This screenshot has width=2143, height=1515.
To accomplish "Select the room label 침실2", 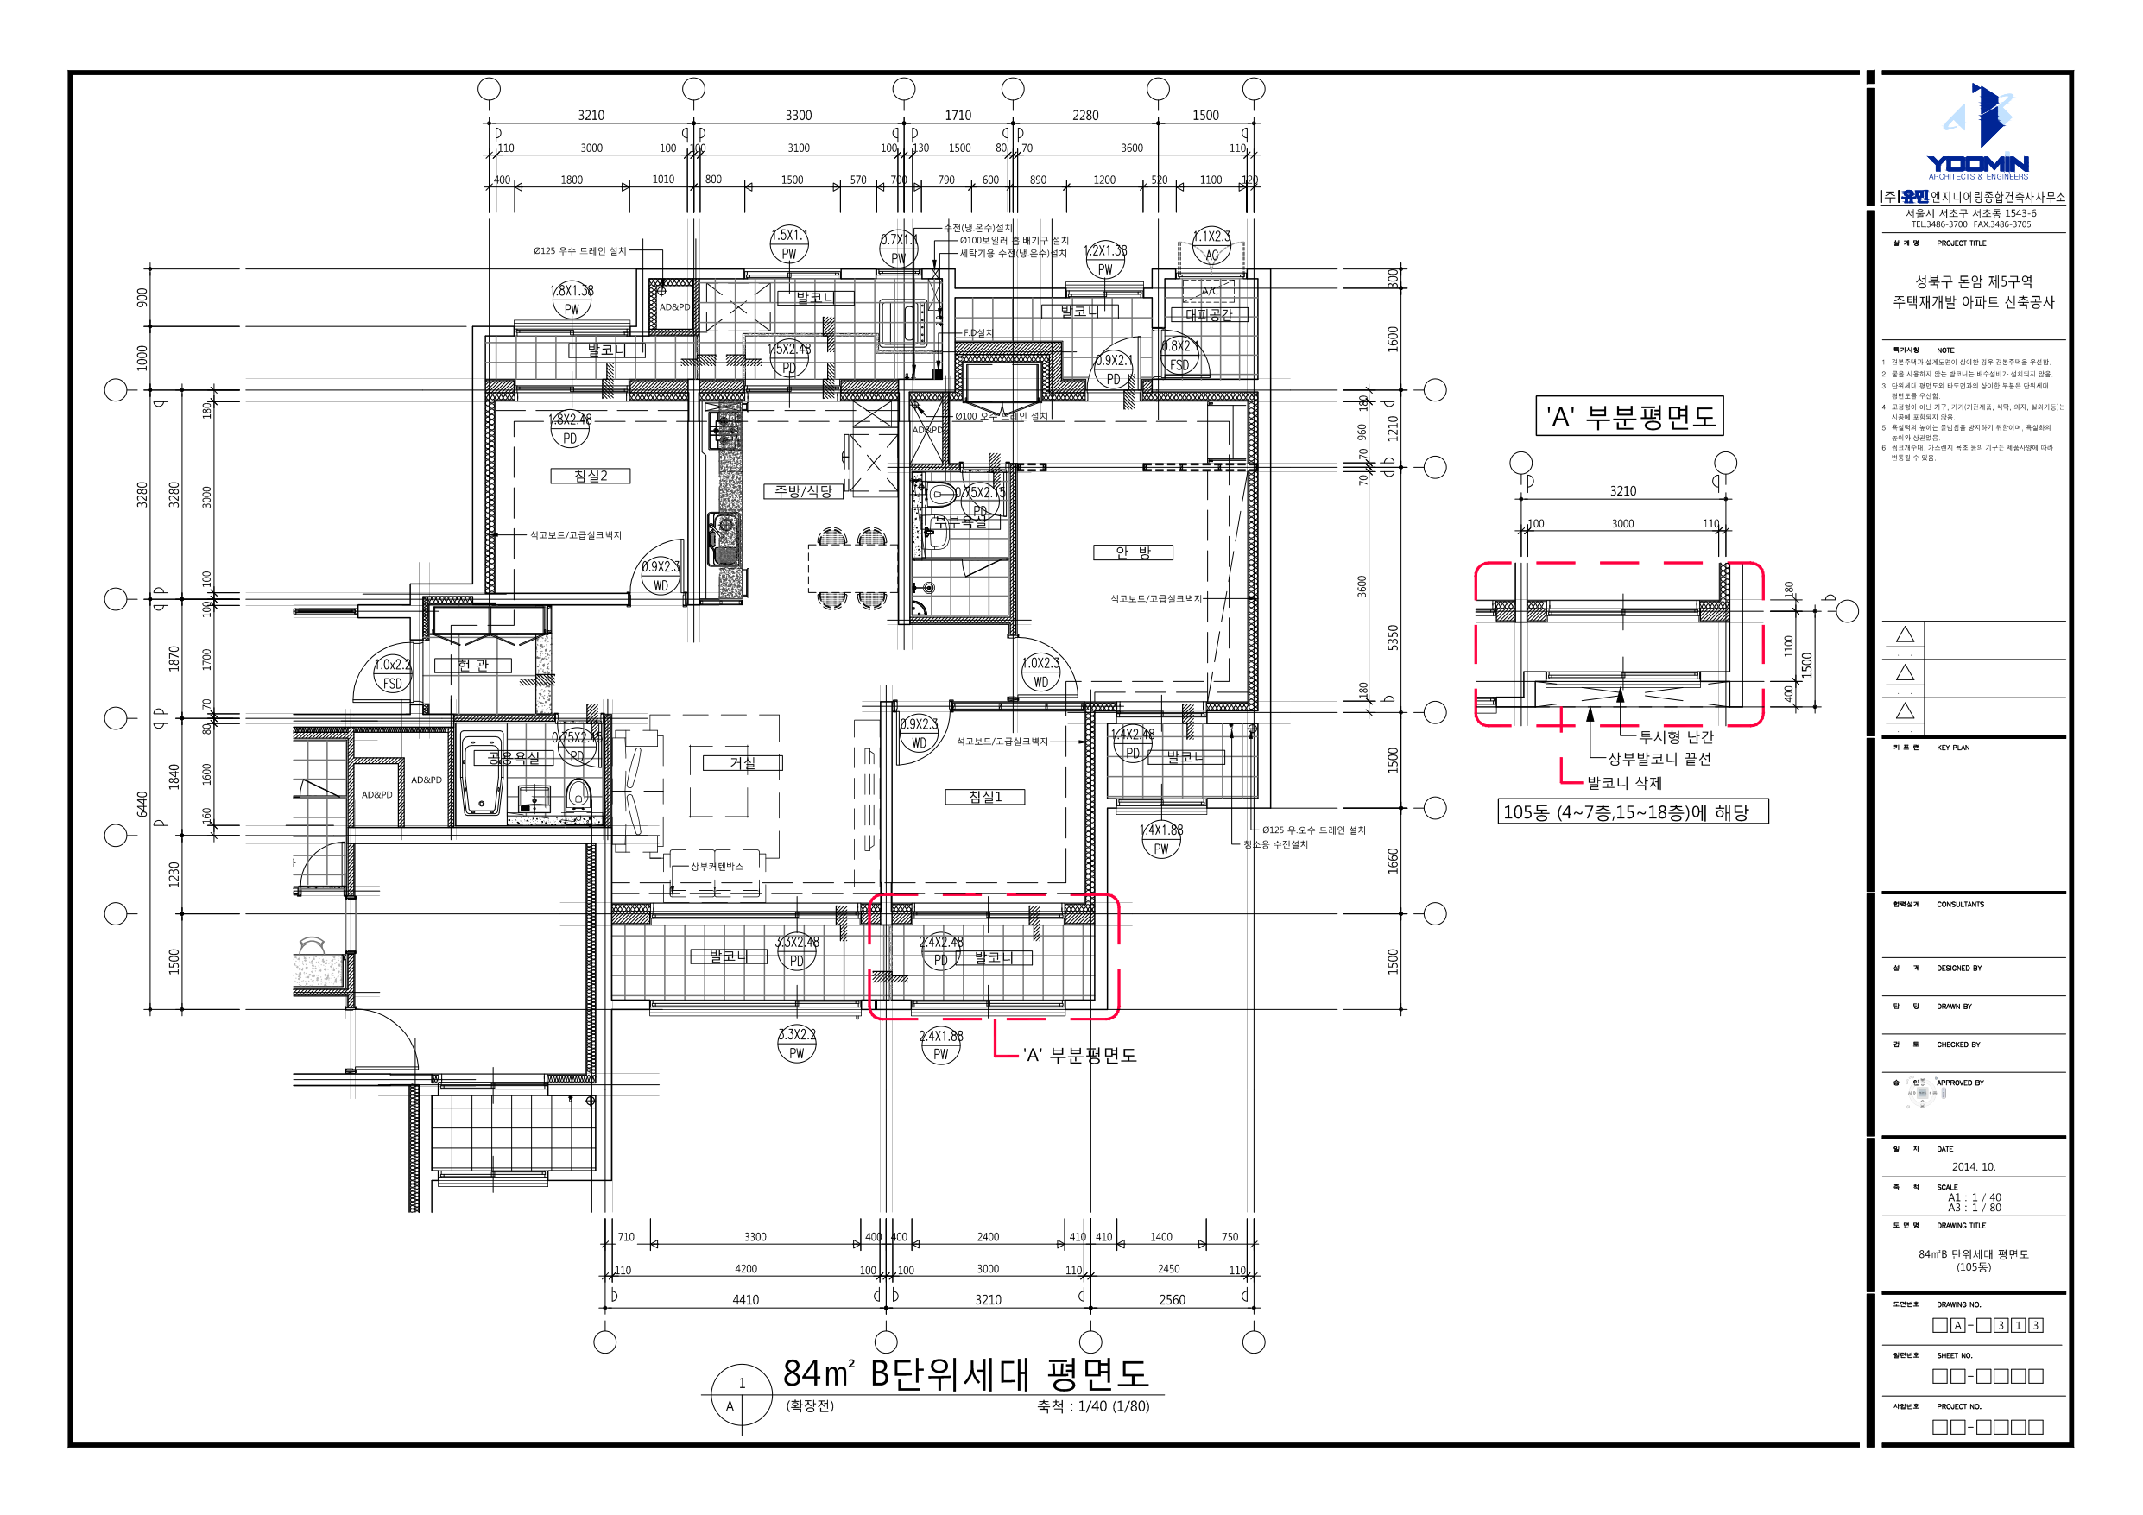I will point(590,476).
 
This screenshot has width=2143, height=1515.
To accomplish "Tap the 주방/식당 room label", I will point(803,491).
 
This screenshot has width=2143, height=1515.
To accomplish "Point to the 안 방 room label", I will point(1132,552).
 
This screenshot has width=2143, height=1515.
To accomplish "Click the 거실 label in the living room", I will point(742,764).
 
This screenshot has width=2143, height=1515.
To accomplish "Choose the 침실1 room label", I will point(984,797).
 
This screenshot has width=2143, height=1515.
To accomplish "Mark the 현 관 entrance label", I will point(472,666).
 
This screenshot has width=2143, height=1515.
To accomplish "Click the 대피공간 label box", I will point(1209,314).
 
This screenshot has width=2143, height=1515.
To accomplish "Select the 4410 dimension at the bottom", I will point(745,1299).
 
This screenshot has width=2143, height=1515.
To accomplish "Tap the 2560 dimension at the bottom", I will point(1172,1299).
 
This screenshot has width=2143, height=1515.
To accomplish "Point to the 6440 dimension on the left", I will point(142,804).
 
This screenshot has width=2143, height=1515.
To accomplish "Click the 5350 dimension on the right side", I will point(1393,638).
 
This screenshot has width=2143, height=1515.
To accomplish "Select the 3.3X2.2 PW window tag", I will point(796,1044).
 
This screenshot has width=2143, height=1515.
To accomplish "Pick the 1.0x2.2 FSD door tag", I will point(392,674).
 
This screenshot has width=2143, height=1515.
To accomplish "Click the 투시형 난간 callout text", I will point(1675,737).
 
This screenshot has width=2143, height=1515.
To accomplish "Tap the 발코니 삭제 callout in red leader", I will point(1624,783).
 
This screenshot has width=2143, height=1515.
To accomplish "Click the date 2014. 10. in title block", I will point(1973,1167).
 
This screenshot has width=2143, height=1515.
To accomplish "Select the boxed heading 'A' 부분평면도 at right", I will point(1629,416).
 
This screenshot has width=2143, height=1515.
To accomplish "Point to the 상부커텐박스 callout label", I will point(717,866).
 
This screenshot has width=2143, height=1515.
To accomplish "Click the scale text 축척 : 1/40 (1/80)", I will point(1093,1405).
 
